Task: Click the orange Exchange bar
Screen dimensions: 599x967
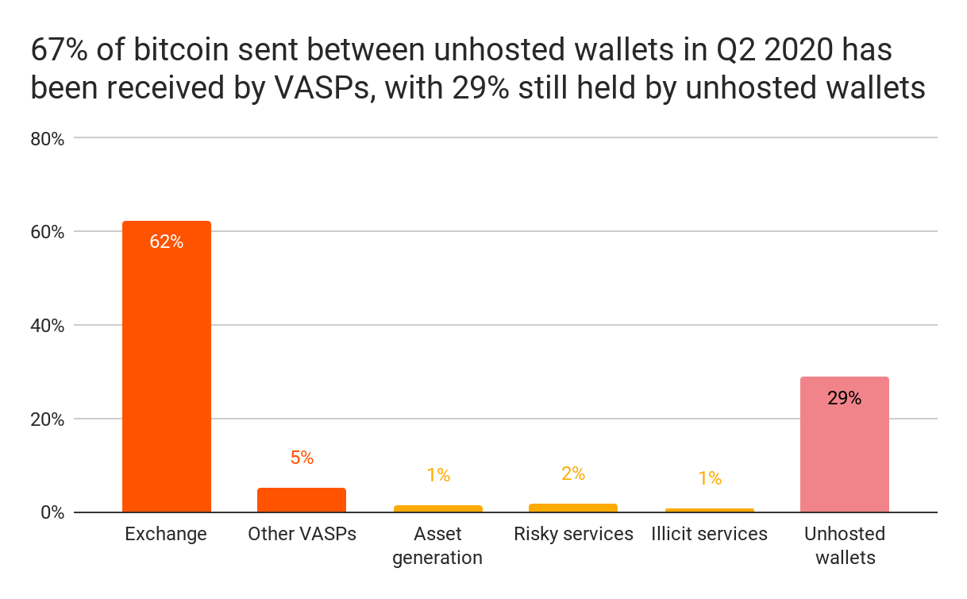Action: (x=166, y=365)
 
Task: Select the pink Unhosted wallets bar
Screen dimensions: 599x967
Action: (x=844, y=445)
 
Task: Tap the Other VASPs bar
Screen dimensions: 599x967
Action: (x=302, y=500)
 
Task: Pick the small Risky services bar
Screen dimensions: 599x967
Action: (x=572, y=508)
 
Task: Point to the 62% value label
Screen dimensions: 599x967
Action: (x=166, y=242)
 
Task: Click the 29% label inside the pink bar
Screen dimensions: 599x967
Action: (x=844, y=398)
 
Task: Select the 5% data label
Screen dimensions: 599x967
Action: (x=302, y=458)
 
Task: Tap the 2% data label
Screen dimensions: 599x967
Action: (x=572, y=474)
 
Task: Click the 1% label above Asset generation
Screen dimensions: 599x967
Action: (x=437, y=475)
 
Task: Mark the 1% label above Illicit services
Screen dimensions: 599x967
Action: (x=709, y=478)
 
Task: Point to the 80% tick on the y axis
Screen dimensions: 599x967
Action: (x=47, y=139)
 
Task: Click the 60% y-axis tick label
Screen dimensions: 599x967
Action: (x=47, y=232)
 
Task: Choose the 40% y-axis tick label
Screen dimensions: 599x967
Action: (x=47, y=326)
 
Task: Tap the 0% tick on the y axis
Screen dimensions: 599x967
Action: (x=52, y=512)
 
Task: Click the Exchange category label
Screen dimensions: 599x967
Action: (x=166, y=534)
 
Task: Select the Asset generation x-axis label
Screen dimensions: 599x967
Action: (x=437, y=545)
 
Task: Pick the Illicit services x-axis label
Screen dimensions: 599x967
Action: (x=709, y=534)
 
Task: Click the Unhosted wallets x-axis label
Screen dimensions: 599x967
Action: (x=844, y=545)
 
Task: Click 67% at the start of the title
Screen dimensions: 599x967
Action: (x=58, y=51)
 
